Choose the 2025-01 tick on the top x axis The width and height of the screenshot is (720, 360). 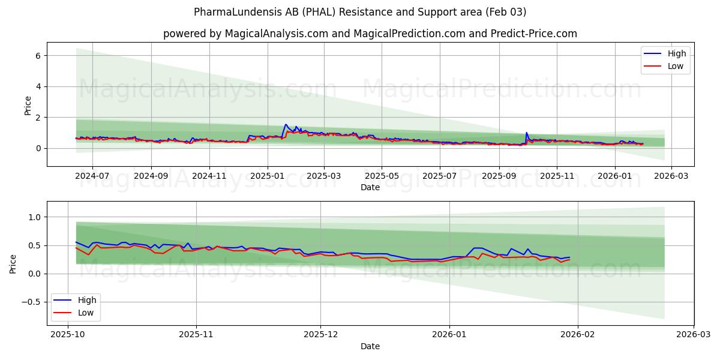click(x=267, y=176)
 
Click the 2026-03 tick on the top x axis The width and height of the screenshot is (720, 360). click(x=671, y=176)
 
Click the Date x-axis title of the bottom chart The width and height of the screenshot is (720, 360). click(x=370, y=347)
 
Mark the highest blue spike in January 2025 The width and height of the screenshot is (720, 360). click(x=286, y=124)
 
